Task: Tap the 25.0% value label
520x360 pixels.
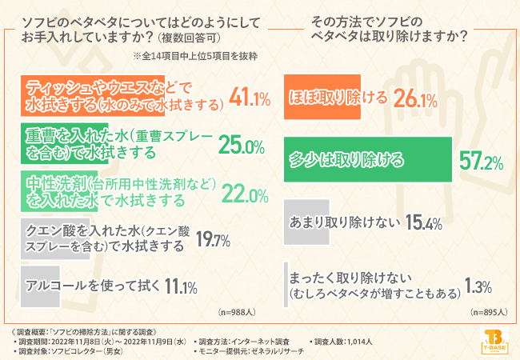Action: tap(241, 146)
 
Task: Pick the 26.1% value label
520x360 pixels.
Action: tap(415, 99)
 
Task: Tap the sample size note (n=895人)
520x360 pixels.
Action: tap(490, 311)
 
